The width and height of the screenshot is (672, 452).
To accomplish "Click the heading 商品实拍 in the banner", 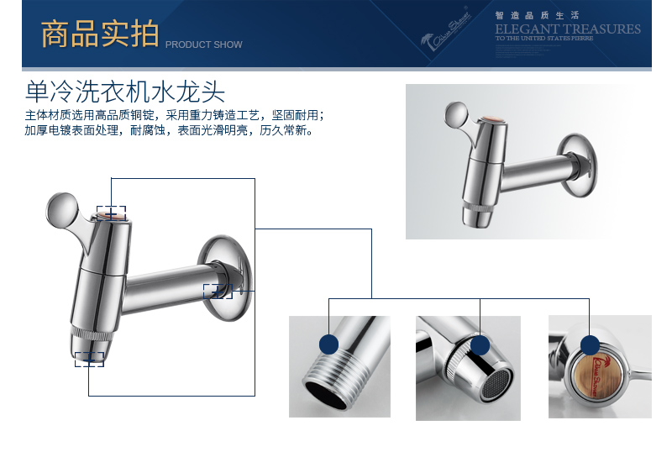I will (x=99, y=35).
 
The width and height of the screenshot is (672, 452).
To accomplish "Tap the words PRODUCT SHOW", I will (x=203, y=45).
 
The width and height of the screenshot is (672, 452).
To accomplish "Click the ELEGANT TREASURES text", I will (x=568, y=29).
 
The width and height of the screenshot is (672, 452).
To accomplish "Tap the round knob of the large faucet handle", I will (x=62, y=207).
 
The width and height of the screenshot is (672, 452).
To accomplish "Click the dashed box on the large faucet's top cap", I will (x=111, y=214).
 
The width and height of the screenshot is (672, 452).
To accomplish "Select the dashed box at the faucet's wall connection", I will (x=218, y=291).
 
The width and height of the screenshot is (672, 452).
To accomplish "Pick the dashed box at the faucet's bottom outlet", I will (x=89, y=359).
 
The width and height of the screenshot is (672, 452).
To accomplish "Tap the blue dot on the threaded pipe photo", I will (x=328, y=344).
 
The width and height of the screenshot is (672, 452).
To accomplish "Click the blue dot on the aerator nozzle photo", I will (x=480, y=345).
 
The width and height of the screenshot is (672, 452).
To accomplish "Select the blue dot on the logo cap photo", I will (x=591, y=344).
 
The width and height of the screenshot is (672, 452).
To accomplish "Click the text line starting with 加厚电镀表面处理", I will (x=169, y=131).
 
